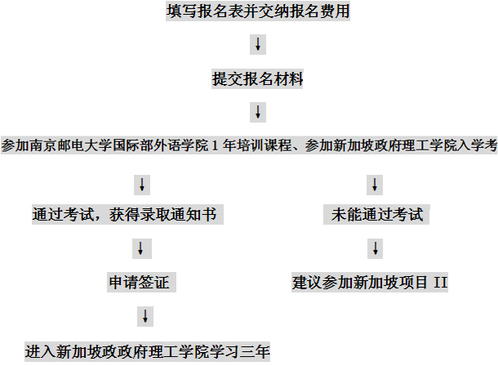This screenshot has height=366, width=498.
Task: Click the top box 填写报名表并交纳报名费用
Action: coord(258,11)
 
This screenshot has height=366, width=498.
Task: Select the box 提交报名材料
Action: coord(258,78)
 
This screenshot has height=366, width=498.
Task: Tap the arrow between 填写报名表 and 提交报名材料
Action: coord(258,44)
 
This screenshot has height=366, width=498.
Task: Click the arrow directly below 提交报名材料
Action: coord(258,112)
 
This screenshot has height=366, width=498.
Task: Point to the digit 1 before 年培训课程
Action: coord(215,145)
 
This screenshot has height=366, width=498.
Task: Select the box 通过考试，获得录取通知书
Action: coord(127,214)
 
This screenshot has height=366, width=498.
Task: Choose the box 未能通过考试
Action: coord(376,214)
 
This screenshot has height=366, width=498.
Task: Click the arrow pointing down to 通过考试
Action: coord(142,185)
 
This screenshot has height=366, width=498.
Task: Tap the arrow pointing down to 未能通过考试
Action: coord(375,185)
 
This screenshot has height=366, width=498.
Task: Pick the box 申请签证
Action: coord(141,282)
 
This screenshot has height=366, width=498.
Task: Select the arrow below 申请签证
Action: coord(145,316)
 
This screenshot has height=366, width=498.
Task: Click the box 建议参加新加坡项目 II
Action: coord(370,282)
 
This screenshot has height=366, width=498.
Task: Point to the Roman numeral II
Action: coord(441,282)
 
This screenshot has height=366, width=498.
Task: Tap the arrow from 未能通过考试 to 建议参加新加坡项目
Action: coord(376,248)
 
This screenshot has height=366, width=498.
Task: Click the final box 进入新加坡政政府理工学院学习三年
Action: coord(148,351)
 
